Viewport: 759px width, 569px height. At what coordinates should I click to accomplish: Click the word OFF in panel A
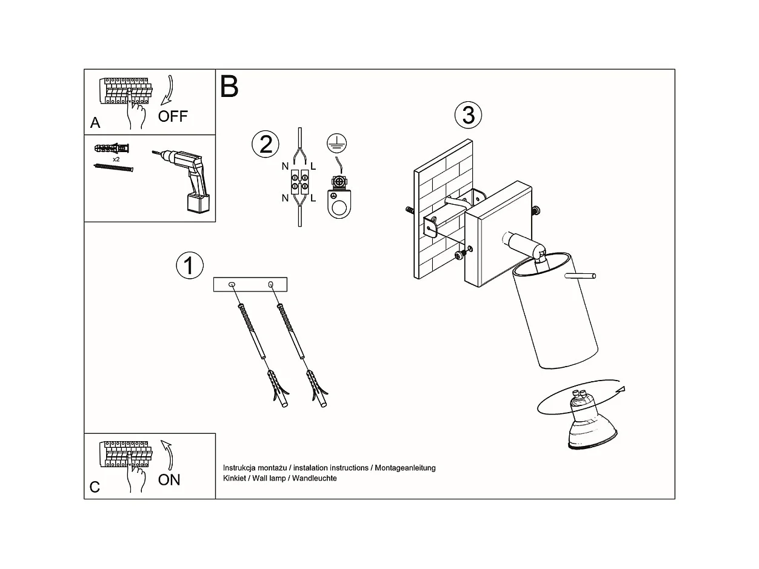173,116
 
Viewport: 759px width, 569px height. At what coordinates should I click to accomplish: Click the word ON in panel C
169,480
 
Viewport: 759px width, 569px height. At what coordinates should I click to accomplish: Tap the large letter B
229,87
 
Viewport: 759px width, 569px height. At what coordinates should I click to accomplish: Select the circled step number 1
189,265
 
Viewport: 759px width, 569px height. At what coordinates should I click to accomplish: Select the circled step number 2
266,144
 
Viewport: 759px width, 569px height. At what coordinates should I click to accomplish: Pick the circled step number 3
468,115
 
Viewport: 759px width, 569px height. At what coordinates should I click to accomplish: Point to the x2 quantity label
116,159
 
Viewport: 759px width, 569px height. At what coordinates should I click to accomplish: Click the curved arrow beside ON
168,455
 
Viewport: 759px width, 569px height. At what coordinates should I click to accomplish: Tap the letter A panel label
95,123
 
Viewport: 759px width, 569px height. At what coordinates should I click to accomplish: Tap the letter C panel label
95,487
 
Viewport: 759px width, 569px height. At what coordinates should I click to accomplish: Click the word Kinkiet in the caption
235,478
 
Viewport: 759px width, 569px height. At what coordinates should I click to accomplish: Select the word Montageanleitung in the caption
405,468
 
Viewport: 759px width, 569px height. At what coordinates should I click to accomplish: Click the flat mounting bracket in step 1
250,285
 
